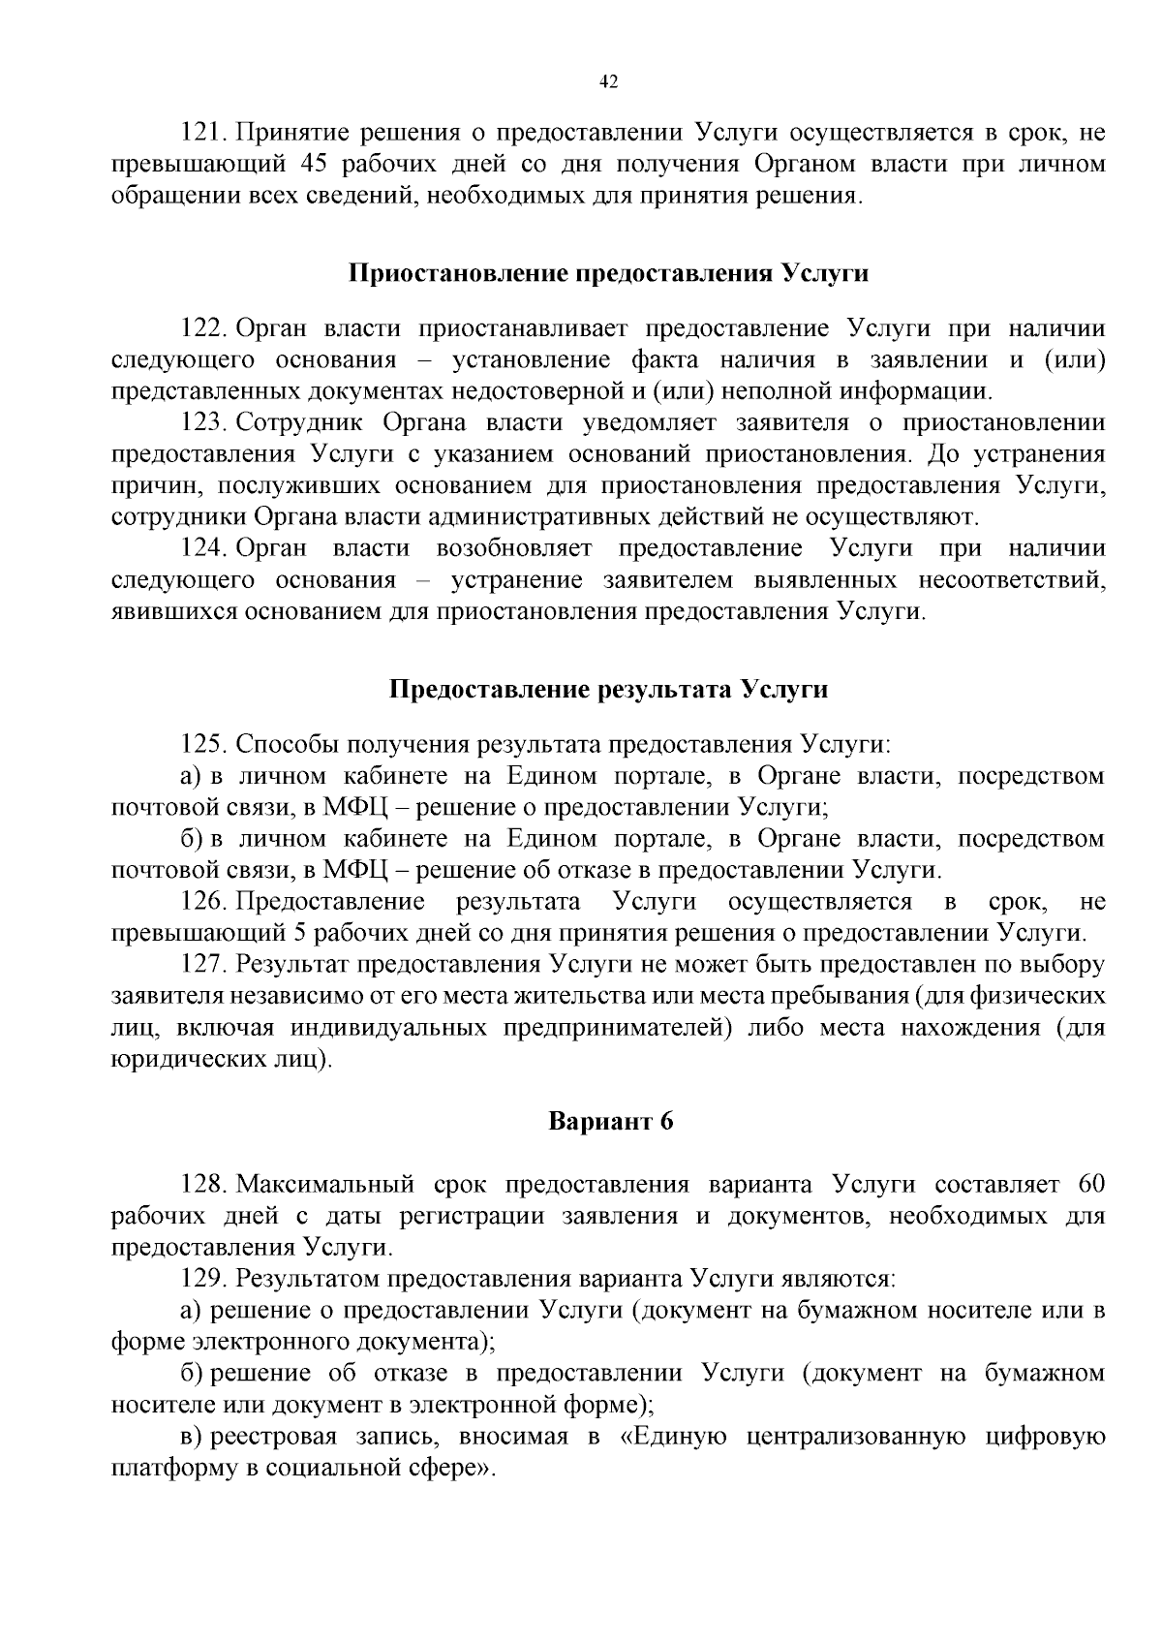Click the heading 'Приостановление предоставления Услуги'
(x=608, y=273)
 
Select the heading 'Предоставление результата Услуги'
(x=608, y=690)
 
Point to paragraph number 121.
(x=204, y=132)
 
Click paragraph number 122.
(x=204, y=328)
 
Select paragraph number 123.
(x=204, y=422)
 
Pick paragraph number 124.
(x=204, y=548)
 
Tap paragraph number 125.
(x=204, y=745)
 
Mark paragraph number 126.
(x=204, y=902)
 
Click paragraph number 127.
(x=204, y=965)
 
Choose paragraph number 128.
(x=204, y=1185)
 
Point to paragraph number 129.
(x=204, y=1279)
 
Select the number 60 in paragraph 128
(x=1090, y=1185)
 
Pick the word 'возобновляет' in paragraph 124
(x=513, y=548)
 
